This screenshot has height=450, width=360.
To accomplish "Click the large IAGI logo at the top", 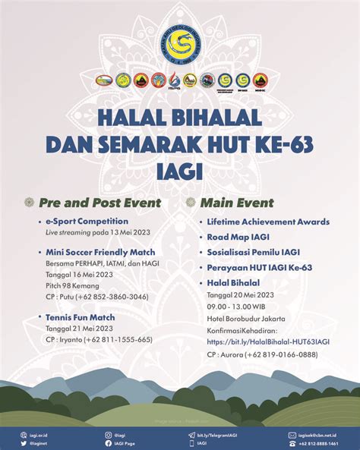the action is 181,42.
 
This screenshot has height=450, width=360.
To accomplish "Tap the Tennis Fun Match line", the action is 81,317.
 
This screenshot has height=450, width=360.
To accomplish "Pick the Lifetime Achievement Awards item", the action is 268,222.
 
